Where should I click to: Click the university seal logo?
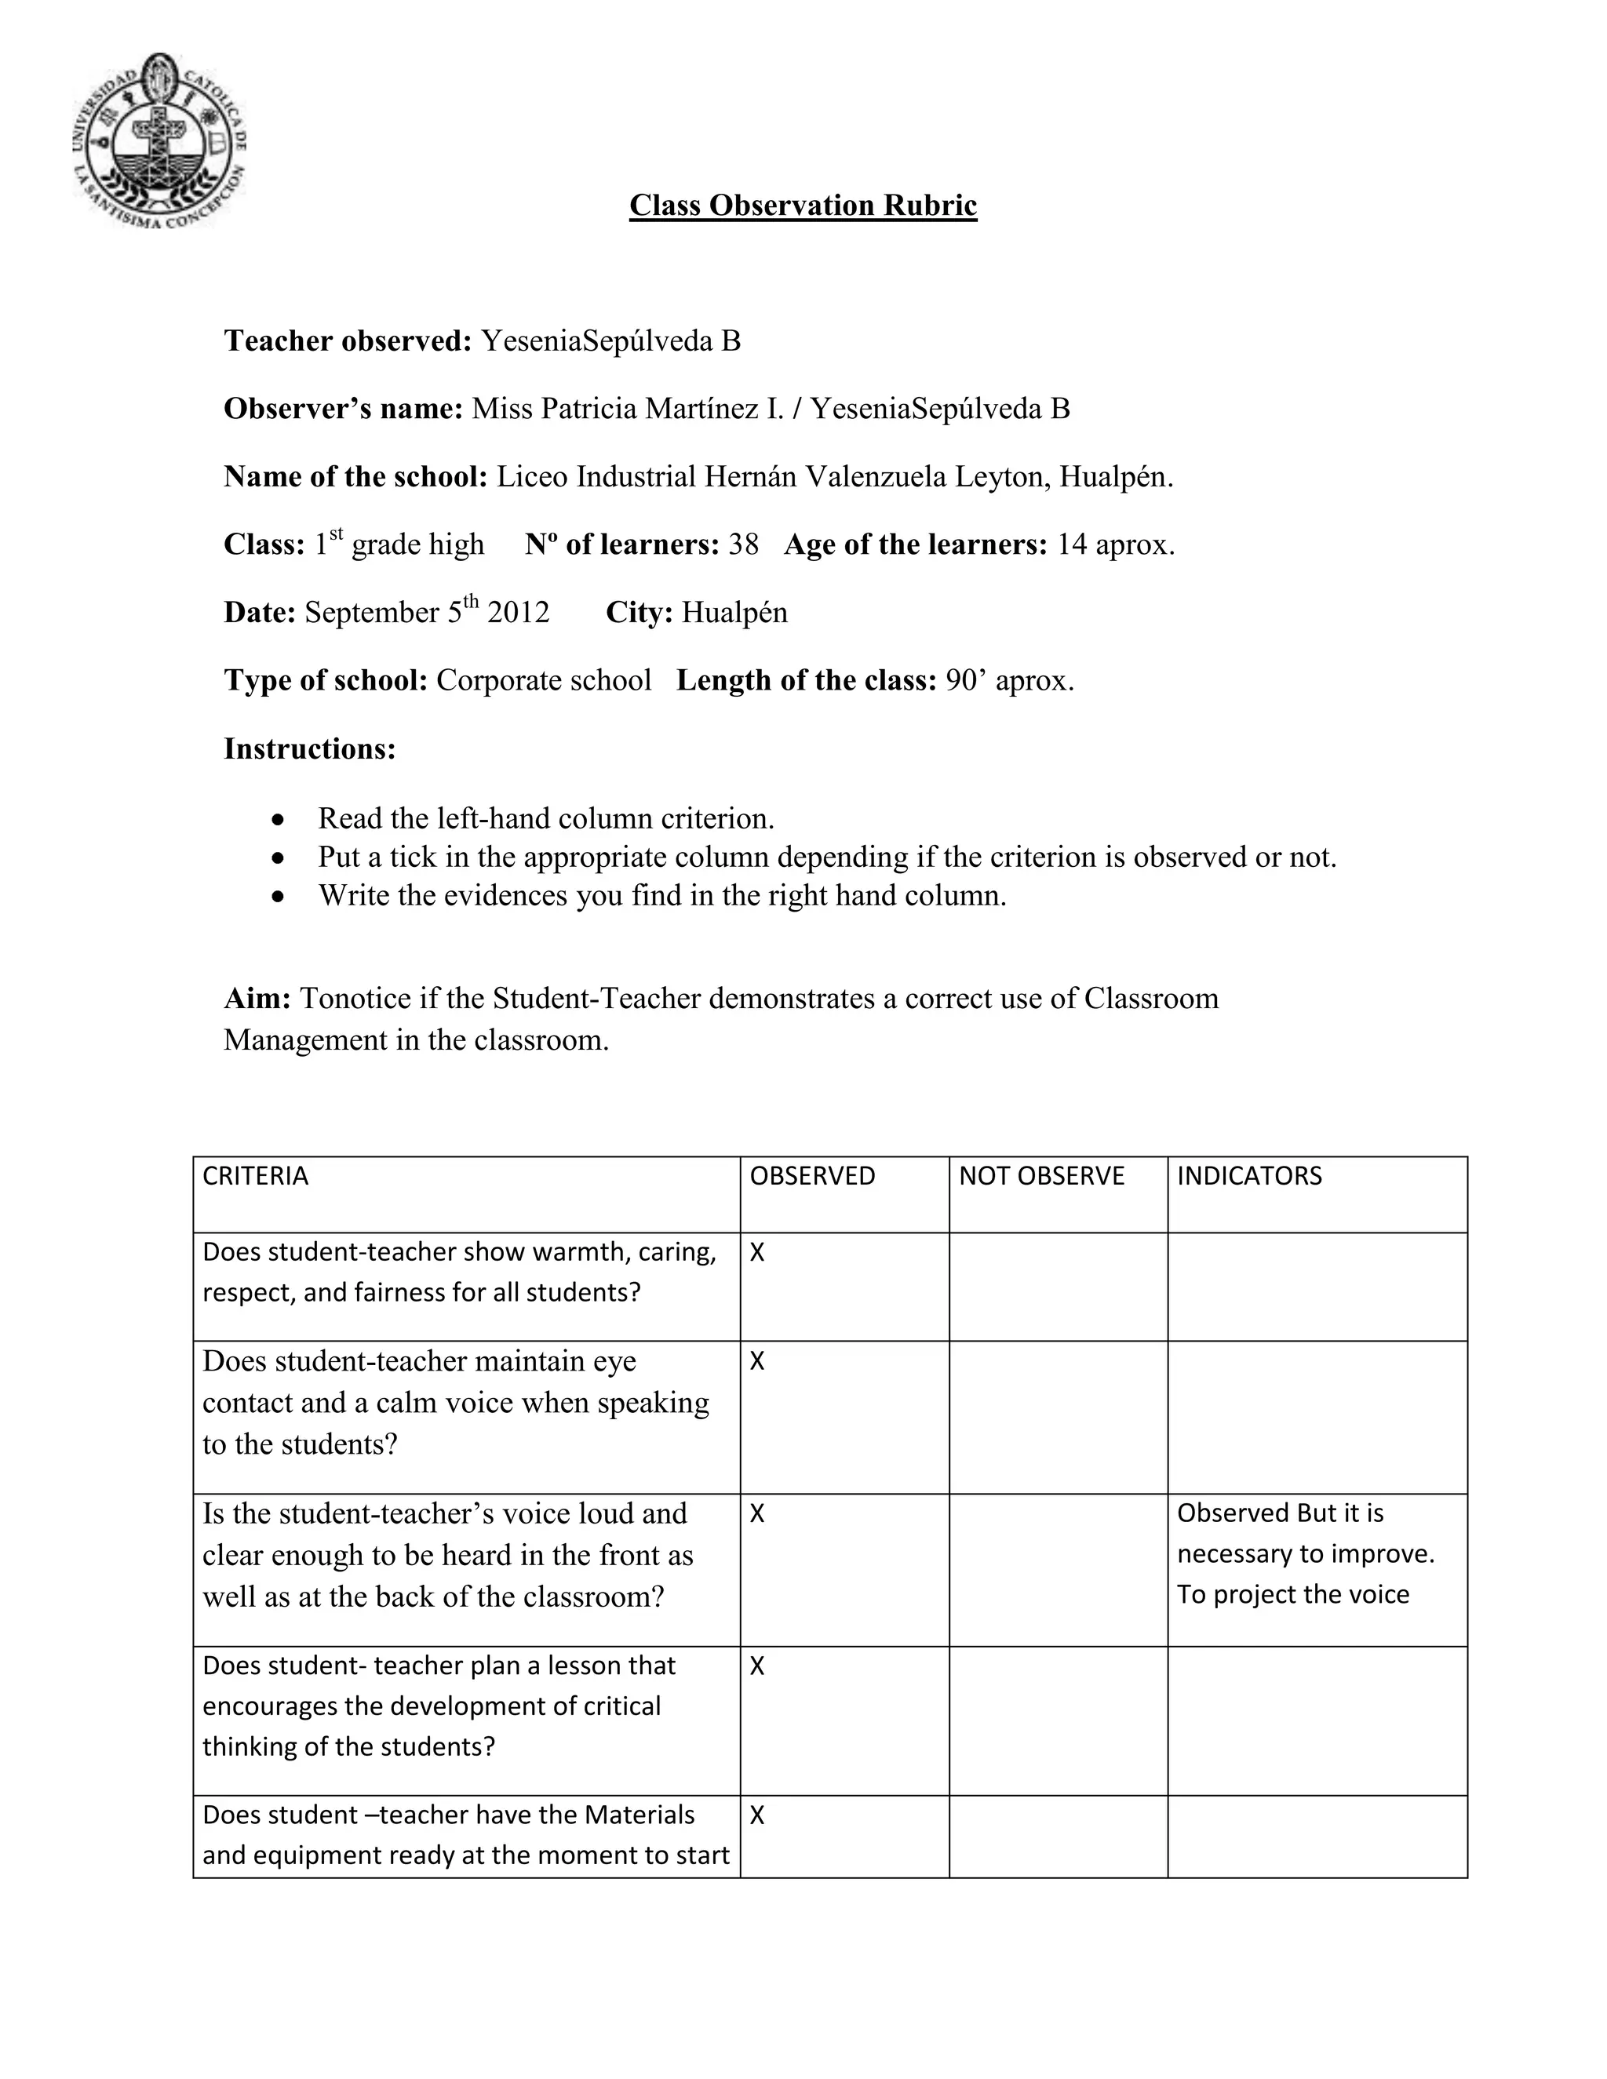click(159, 141)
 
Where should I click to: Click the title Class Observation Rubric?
click(803, 206)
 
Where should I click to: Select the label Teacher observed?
click(348, 340)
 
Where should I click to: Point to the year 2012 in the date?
click(518, 612)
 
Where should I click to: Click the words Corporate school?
click(544, 681)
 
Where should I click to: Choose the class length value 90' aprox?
click(1009, 681)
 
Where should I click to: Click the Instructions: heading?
click(309, 749)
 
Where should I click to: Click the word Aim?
click(257, 999)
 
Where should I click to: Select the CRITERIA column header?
click(255, 1177)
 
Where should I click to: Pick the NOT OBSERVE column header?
click(1041, 1177)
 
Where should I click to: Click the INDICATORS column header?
click(1249, 1177)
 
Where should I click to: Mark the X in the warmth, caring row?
click(757, 1253)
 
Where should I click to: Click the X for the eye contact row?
click(757, 1362)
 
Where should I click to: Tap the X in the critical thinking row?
click(757, 1666)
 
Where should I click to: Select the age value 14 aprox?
click(1116, 544)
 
